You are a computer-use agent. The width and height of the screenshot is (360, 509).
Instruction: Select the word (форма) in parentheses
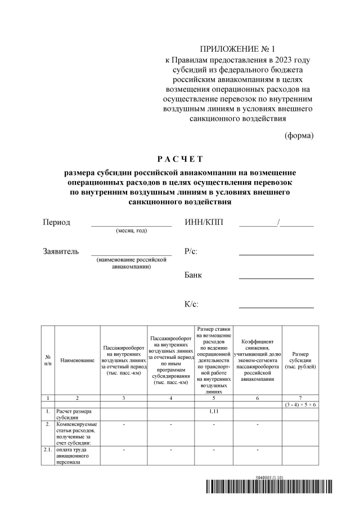(299, 136)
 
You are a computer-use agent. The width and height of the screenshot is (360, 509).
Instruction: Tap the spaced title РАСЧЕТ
(179, 159)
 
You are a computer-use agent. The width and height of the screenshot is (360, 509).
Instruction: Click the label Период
(57, 222)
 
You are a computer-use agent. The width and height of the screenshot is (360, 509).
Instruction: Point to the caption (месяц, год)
(131, 231)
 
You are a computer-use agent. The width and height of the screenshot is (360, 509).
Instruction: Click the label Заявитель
(61, 251)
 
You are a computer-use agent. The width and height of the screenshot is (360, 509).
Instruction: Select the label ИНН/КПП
(204, 222)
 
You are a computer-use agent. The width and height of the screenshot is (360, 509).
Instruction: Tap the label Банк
(193, 275)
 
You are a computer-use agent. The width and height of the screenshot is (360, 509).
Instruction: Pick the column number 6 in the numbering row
(257, 398)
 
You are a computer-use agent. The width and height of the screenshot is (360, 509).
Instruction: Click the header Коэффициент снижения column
(257, 360)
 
